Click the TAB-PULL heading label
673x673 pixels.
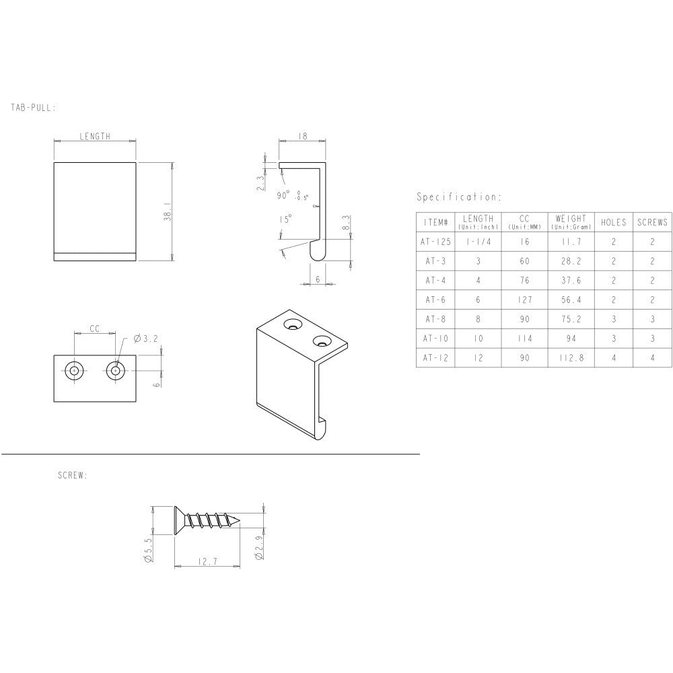point(33,107)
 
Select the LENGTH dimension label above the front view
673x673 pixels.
point(95,136)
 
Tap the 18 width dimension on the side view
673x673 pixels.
point(302,136)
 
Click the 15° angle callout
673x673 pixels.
point(285,219)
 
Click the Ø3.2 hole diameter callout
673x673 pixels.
point(145,339)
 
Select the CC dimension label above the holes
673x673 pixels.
point(94,328)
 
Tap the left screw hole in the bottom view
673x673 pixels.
point(74,370)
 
